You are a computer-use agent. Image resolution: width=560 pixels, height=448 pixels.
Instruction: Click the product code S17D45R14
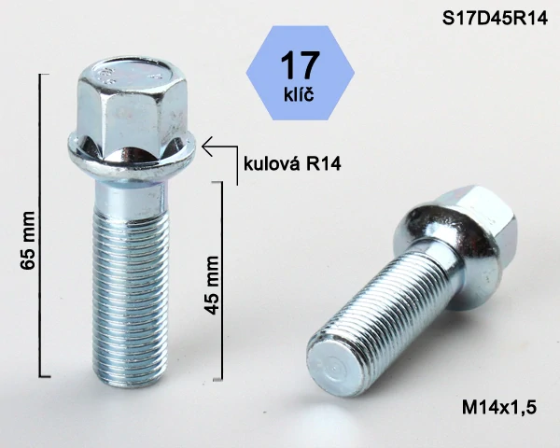(494, 18)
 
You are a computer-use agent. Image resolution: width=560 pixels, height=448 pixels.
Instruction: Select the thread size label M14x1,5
(500, 406)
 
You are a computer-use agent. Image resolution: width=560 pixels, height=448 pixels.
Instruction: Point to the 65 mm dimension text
(28, 245)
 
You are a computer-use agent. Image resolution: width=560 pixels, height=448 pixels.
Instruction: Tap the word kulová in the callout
(270, 164)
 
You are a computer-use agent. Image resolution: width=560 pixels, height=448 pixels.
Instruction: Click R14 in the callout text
(321, 164)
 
